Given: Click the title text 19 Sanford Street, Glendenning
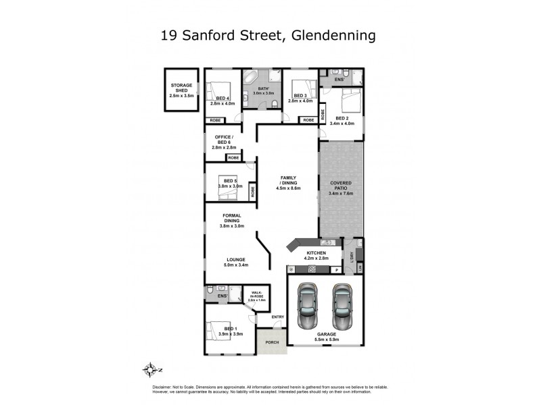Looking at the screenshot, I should pyautogui.click(x=268, y=34).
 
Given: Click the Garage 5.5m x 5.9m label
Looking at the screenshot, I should pyautogui.click(x=325, y=335).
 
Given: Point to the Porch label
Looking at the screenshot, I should pyautogui.click(x=271, y=342).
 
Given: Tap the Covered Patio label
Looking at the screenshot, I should pyautogui.click(x=342, y=188).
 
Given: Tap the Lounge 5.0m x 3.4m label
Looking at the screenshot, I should pyautogui.click(x=235, y=263).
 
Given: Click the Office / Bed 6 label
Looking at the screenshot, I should pyautogui.click(x=222, y=142).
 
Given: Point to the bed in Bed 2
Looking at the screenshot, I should pyautogui.click(x=350, y=101).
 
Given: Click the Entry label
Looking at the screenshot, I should pyautogui.click(x=278, y=317).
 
